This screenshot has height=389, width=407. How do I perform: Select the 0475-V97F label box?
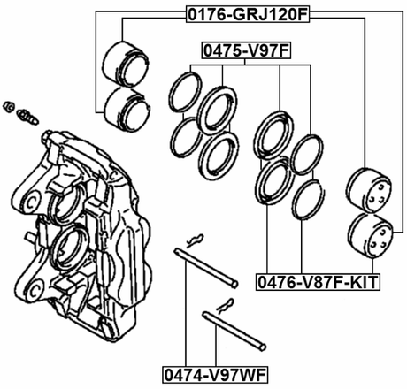(247, 51)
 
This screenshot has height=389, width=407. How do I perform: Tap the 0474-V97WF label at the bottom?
(215, 372)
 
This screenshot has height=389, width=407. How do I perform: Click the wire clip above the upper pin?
(196, 238)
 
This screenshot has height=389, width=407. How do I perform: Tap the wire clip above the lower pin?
(222, 305)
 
